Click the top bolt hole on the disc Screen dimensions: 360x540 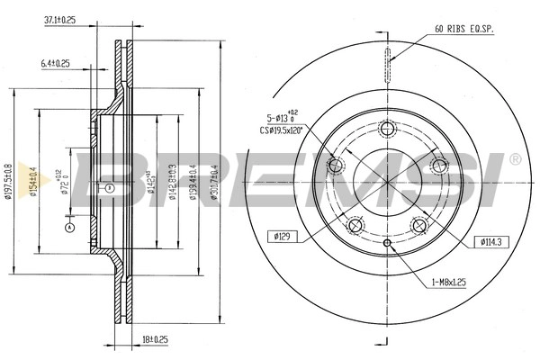point(387,129)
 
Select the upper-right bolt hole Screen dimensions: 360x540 point(439,166)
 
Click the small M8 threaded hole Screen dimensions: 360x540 point(387,243)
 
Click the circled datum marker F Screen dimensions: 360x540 point(108,187)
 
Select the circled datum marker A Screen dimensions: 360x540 point(68,229)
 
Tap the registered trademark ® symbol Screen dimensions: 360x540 point(515,159)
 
